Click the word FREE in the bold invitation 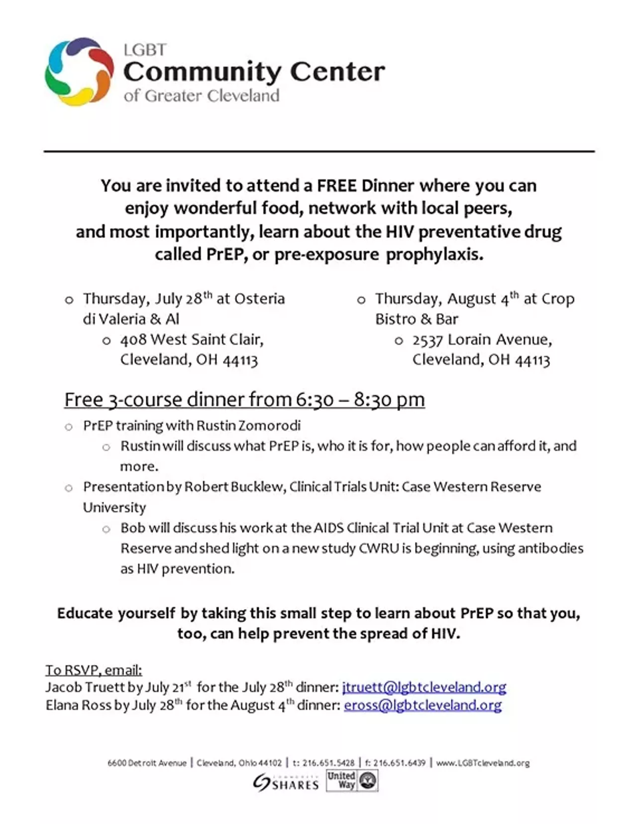(337, 185)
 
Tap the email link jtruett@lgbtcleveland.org (424, 687)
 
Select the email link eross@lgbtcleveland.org (423, 705)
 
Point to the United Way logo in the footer (352, 780)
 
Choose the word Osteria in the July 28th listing (259, 299)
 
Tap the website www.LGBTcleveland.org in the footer (483, 763)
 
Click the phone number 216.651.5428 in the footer (328, 763)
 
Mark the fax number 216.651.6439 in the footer (399, 763)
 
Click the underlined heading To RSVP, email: (94, 670)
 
